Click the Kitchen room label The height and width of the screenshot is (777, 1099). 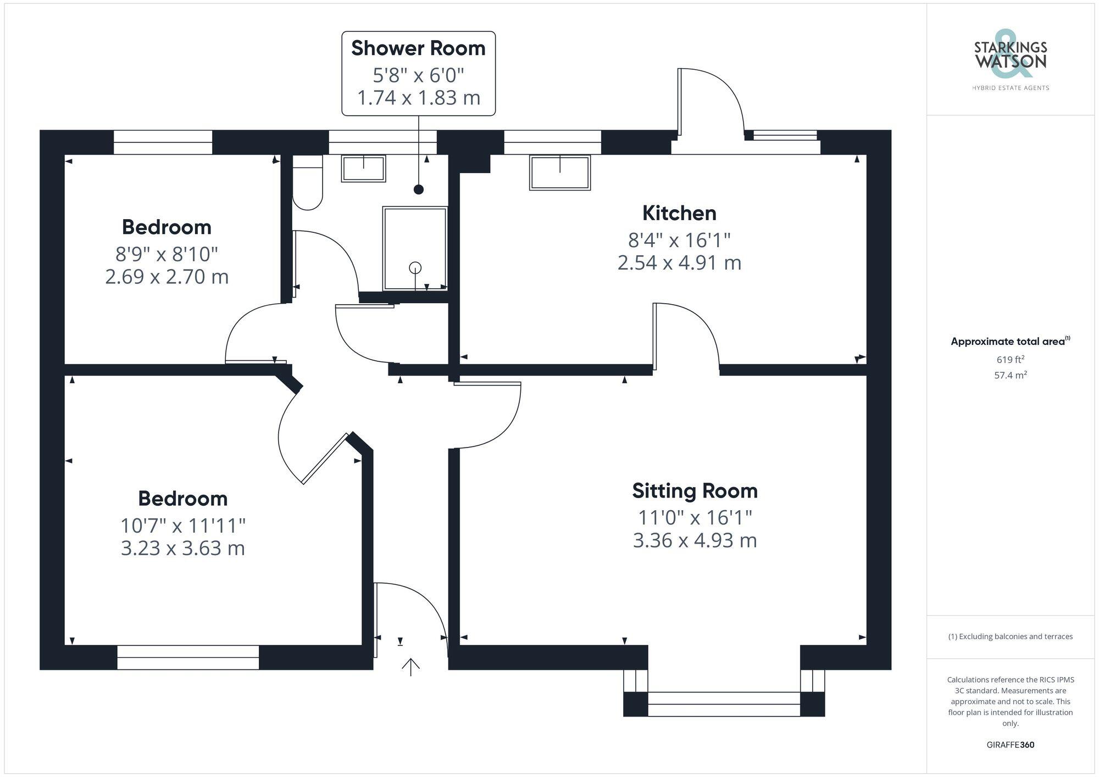[x=679, y=213]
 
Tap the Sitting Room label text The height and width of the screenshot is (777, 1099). [x=695, y=491]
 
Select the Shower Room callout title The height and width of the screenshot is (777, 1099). [x=418, y=48]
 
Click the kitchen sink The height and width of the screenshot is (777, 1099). [x=559, y=172]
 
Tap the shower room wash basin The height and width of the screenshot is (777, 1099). [x=363, y=168]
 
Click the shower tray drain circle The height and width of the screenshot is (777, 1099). [x=415, y=268]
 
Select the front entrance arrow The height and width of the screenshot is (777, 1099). [x=410, y=667]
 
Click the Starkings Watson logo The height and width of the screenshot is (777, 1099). [x=1010, y=60]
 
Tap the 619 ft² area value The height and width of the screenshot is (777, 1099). [x=1010, y=360]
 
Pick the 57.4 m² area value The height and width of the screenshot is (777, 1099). [x=1010, y=376]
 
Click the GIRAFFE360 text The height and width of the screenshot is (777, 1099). [x=1010, y=745]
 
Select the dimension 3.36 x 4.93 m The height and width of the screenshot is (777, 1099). [x=695, y=540]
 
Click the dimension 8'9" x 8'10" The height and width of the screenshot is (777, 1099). [x=166, y=254]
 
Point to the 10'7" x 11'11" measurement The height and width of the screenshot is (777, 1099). [x=183, y=526]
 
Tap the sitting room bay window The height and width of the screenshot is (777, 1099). [x=724, y=704]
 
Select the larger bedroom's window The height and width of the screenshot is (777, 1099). [x=188, y=657]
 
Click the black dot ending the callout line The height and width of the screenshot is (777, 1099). [x=419, y=189]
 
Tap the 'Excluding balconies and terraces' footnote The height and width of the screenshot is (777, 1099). [x=1010, y=636]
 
